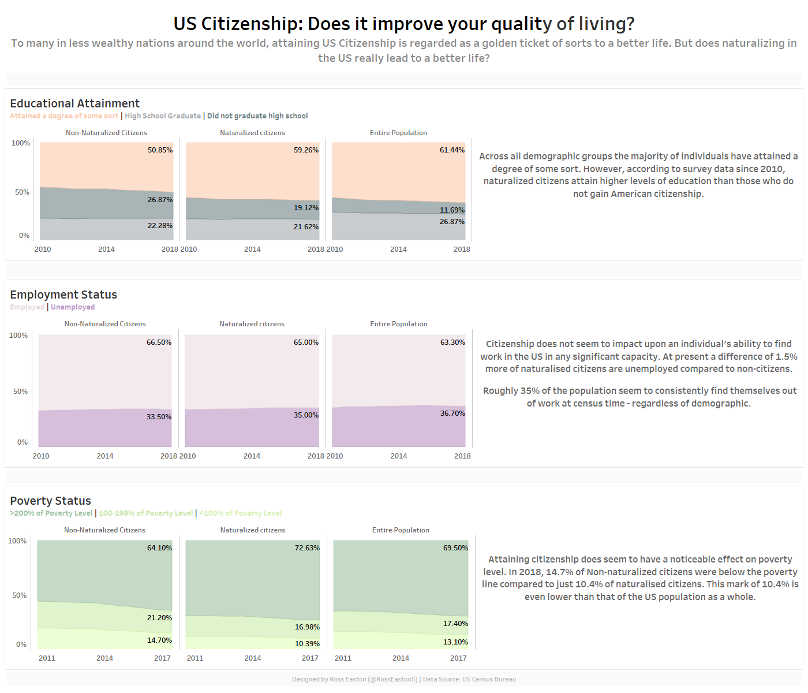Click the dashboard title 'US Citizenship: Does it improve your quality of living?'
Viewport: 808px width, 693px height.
point(404,24)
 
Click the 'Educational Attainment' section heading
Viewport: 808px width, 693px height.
point(74,103)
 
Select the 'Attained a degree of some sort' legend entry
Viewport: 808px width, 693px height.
point(64,116)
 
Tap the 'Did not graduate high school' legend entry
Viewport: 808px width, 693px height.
point(257,116)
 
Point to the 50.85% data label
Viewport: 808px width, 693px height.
point(160,150)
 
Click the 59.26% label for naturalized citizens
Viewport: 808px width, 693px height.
point(306,150)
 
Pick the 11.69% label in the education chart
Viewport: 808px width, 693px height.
point(452,210)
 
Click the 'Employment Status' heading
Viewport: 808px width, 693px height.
point(63,295)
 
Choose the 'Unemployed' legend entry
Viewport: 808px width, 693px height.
point(73,307)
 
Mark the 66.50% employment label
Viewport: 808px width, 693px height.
point(159,342)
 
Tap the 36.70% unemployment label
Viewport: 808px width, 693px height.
point(452,413)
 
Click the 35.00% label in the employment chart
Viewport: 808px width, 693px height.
point(306,415)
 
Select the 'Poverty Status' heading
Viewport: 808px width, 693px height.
point(50,501)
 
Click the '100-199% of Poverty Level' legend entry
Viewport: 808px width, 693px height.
point(145,513)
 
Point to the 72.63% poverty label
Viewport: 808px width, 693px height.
point(307,548)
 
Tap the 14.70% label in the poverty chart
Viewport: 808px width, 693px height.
point(159,640)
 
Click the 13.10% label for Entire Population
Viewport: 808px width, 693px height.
point(455,642)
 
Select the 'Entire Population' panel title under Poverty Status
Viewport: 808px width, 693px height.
point(401,530)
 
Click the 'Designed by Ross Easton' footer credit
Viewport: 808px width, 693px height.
point(354,680)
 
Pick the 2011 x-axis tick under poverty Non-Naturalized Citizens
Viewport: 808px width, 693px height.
point(47,658)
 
